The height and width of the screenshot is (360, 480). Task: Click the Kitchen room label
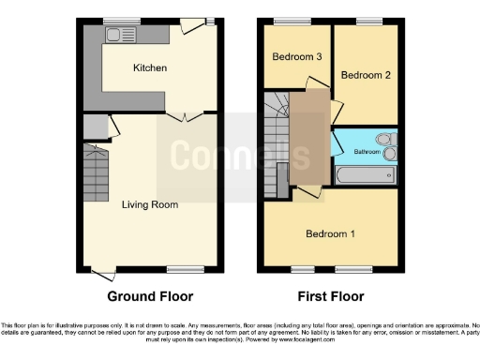(149, 67)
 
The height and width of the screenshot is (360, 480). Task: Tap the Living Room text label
(149, 203)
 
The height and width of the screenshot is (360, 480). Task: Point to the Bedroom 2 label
(366, 75)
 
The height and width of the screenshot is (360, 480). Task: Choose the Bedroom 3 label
(297, 57)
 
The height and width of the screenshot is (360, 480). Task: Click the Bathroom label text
(367, 152)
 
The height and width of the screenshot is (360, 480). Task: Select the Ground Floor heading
(149, 296)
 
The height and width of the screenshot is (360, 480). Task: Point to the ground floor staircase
(97, 177)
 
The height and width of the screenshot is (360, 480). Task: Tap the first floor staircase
(277, 141)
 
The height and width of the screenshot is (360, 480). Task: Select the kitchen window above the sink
(116, 22)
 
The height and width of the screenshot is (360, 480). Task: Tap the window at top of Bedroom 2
(367, 22)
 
